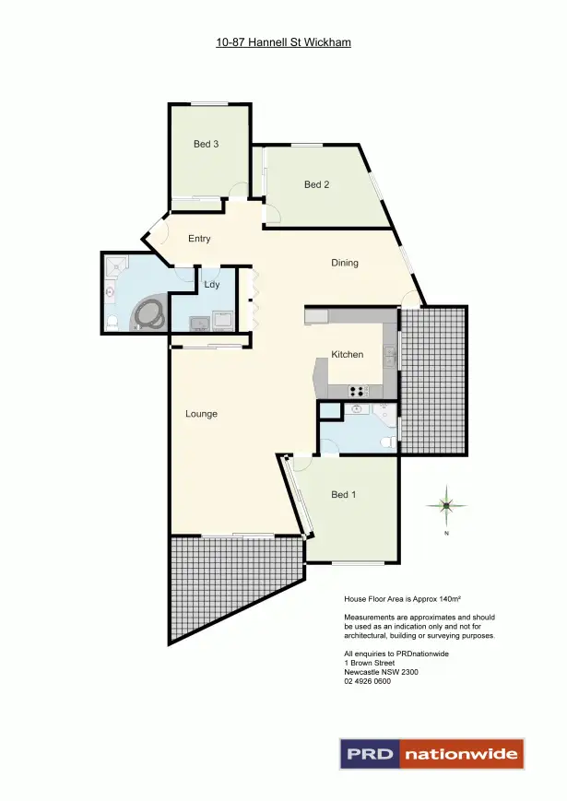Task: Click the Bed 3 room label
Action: tap(206, 144)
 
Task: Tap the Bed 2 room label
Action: tap(316, 184)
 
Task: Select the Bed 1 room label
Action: tap(343, 495)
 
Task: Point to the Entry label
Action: tap(199, 239)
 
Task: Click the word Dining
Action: tap(345, 263)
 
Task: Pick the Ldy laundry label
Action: tap(212, 285)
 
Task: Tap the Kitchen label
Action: tap(348, 354)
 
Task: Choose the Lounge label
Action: tap(201, 414)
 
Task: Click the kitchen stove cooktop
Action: tap(358, 391)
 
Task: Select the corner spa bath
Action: tap(149, 313)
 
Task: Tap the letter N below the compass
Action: tap(446, 534)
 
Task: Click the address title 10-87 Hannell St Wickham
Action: tap(283, 42)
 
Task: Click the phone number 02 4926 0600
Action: tap(367, 681)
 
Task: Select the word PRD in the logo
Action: tap(370, 754)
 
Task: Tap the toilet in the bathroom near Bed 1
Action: tap(388, 442)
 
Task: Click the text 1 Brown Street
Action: tap(370, 663)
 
